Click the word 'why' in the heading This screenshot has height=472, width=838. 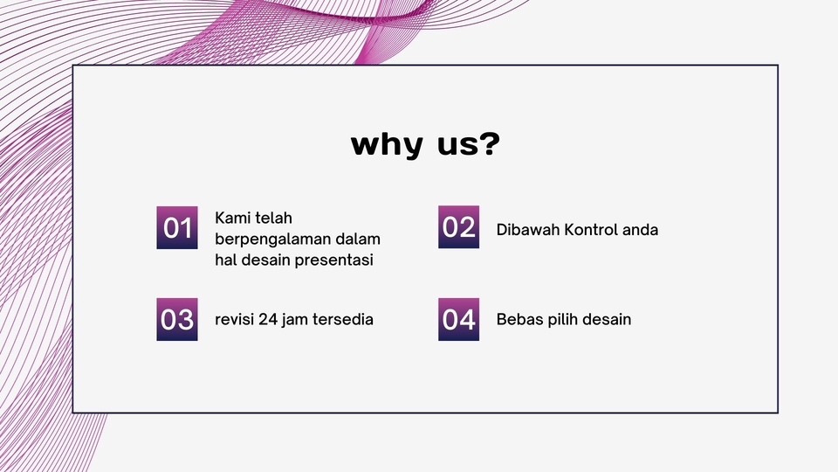click(x=383, y=144)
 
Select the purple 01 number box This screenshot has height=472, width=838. click(x=177, y=228)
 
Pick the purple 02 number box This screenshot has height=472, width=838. click(x=458, y=227)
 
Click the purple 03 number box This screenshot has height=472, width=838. click(x=177, y=319)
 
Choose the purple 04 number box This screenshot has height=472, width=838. click(x=458, y=319)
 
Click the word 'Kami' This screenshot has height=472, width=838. click(x=233, y=218)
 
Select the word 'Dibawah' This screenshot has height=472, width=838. click(x=527, y=230)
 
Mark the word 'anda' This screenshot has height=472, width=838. click(x=640, y=230)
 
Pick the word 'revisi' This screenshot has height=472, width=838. click(x=234, y=319)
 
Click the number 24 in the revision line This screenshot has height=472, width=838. click(x=269, y=319)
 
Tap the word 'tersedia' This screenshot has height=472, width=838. click(x=344, y=319)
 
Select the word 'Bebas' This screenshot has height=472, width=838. click(x=518, y=319)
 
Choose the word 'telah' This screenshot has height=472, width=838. click(x=274, y=218)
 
